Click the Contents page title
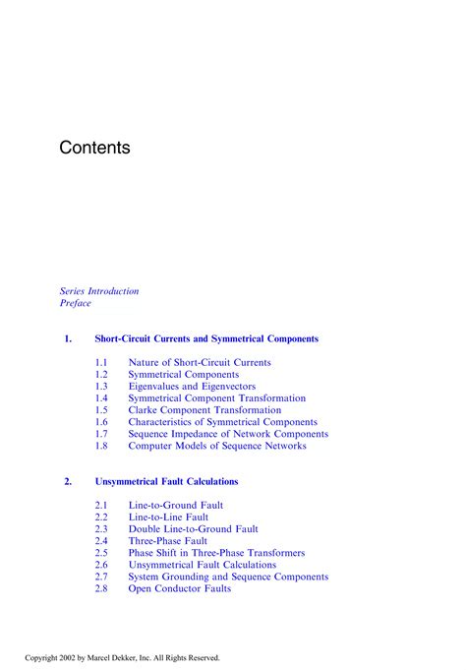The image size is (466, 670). [x=94, y=148]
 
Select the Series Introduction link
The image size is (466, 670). [x=99, y=291]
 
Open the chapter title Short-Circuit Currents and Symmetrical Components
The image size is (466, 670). [x=206, y=338]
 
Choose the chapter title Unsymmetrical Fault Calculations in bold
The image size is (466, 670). [x=166, y=482]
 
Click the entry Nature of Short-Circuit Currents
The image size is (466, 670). [x=200, y=363]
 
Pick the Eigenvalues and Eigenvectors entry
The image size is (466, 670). [x=192, y=387]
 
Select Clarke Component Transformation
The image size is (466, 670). [x=204, y=410]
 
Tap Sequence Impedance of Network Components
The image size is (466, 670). [x=228, y=434]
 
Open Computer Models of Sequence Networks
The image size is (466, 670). [x=217, y=446]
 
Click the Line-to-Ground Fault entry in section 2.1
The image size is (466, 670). [x=175, y=506]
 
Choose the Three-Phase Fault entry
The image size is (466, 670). [x=167, y=541]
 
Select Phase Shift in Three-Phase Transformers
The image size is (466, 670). [x=216, y=553]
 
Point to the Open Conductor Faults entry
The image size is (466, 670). [x=180, y=588]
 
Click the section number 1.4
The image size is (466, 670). [x=101, y=398]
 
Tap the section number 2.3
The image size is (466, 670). [x=101, y=529]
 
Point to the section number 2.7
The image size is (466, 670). [x=101, y=577]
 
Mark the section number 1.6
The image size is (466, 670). [x=101, y=422]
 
